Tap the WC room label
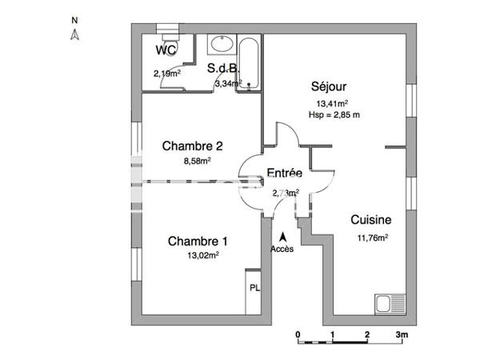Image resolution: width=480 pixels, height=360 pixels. (166, 50)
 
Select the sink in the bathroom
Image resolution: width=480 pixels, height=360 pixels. (220, 45)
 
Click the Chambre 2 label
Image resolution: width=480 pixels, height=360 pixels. (192, 146)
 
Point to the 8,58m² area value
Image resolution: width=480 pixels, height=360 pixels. (197, 160)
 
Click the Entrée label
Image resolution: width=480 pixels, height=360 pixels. (284, 173)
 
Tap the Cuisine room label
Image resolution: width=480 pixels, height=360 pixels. (370, 220)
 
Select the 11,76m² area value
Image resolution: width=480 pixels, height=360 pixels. (372, 237)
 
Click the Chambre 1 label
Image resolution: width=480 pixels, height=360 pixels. (198, 241)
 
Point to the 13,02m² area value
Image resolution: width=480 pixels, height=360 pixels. (202, 255)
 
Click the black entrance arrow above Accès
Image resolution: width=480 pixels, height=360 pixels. (282, 236)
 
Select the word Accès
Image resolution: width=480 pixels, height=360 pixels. (282, 249)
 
